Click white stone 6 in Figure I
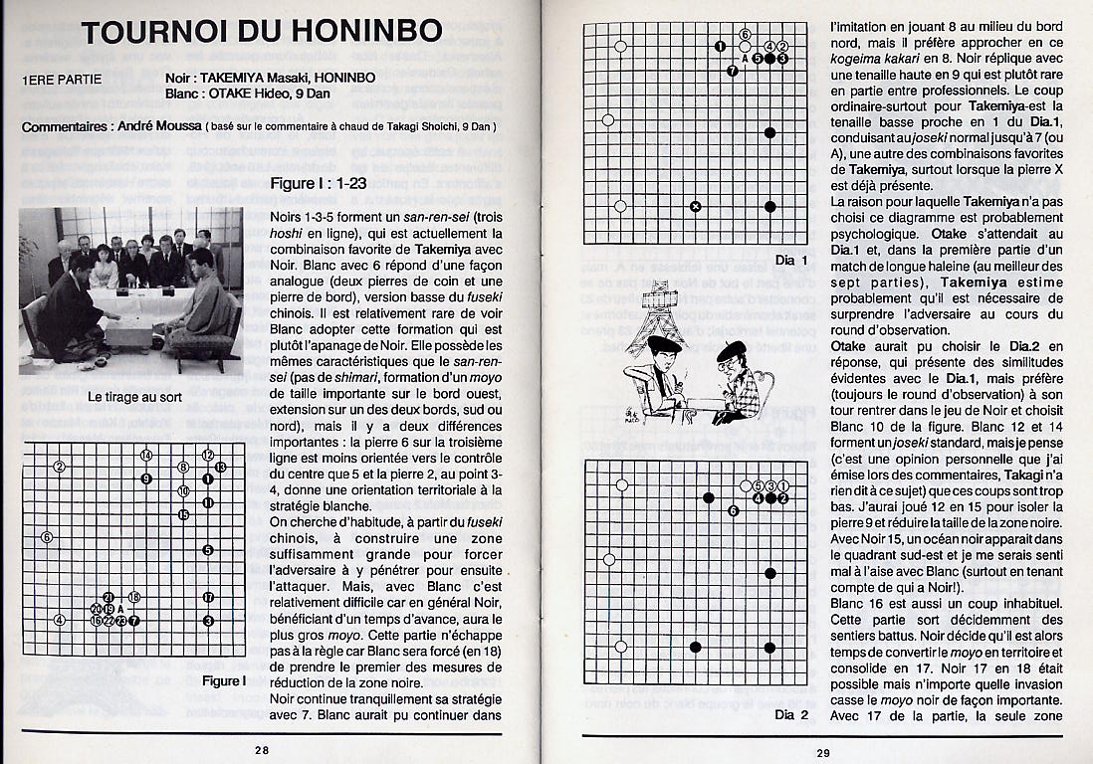click(47, 537)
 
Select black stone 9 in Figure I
click(146, 479)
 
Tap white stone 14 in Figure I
click(146, 455)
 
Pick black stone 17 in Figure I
click(208, 597)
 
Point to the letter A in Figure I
click(121, 609)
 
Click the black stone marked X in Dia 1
click(695, 207)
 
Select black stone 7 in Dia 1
click(733, 71)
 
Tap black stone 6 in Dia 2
click(733, 510)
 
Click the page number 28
click(261, 751)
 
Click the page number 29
click(822, 753)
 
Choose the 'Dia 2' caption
click(784, 714)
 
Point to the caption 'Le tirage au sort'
click(130, 397)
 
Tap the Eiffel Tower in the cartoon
click(658, 303)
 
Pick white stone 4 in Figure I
click(60, 621)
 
